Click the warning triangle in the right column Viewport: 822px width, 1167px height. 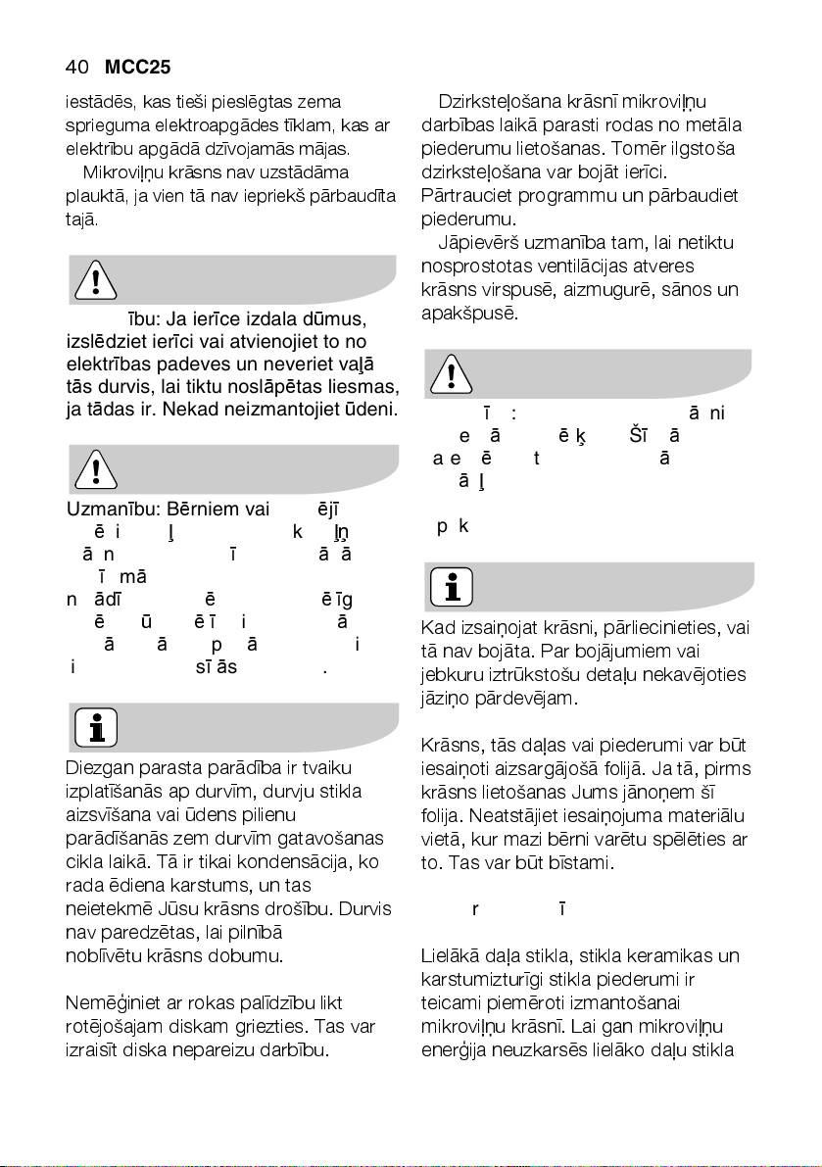449,374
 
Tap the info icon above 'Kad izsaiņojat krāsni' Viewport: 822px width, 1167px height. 449,588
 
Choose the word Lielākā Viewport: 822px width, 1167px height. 449,954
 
